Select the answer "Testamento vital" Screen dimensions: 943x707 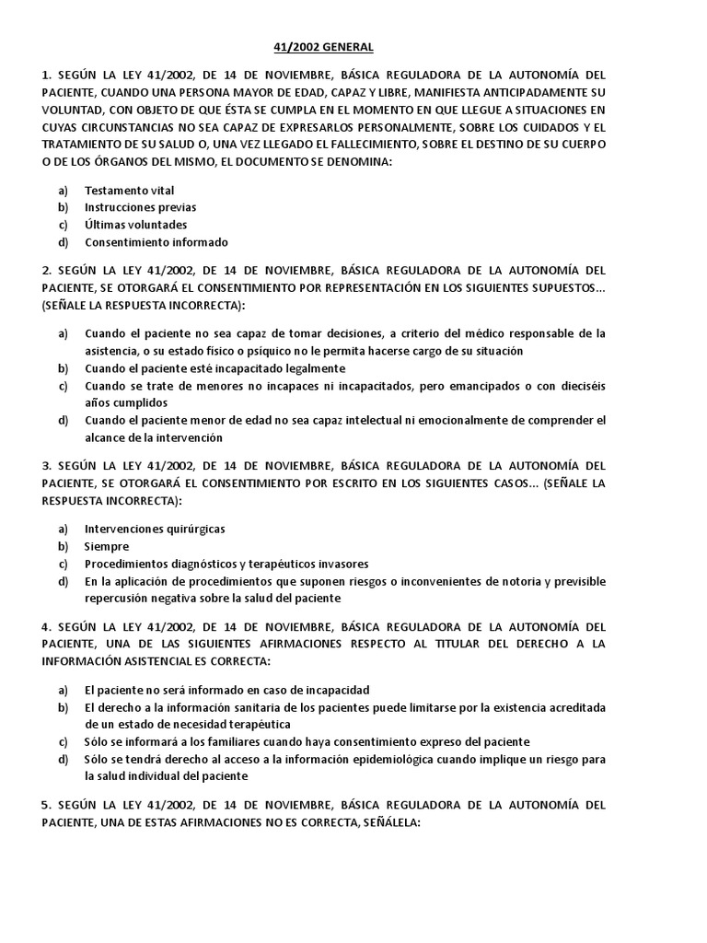tap(129, 191)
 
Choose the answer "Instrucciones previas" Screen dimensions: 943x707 tap(140, 207)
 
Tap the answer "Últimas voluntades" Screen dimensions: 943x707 tap(135, 225)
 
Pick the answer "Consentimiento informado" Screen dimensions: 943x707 tap(156, 242)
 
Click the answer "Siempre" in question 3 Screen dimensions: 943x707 tap(107, 546)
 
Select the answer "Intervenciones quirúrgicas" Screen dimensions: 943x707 tap(155, 529)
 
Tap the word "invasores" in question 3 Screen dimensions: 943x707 tap(342, 564)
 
